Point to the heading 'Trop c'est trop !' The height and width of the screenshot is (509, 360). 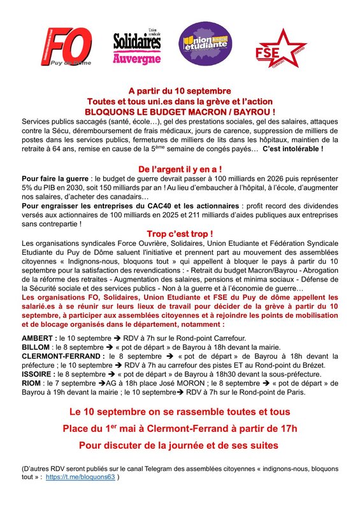click(180, 234)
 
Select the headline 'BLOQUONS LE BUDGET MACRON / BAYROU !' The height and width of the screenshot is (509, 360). click(180, 111)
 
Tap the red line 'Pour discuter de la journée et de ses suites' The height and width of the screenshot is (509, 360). click(179, 443)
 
